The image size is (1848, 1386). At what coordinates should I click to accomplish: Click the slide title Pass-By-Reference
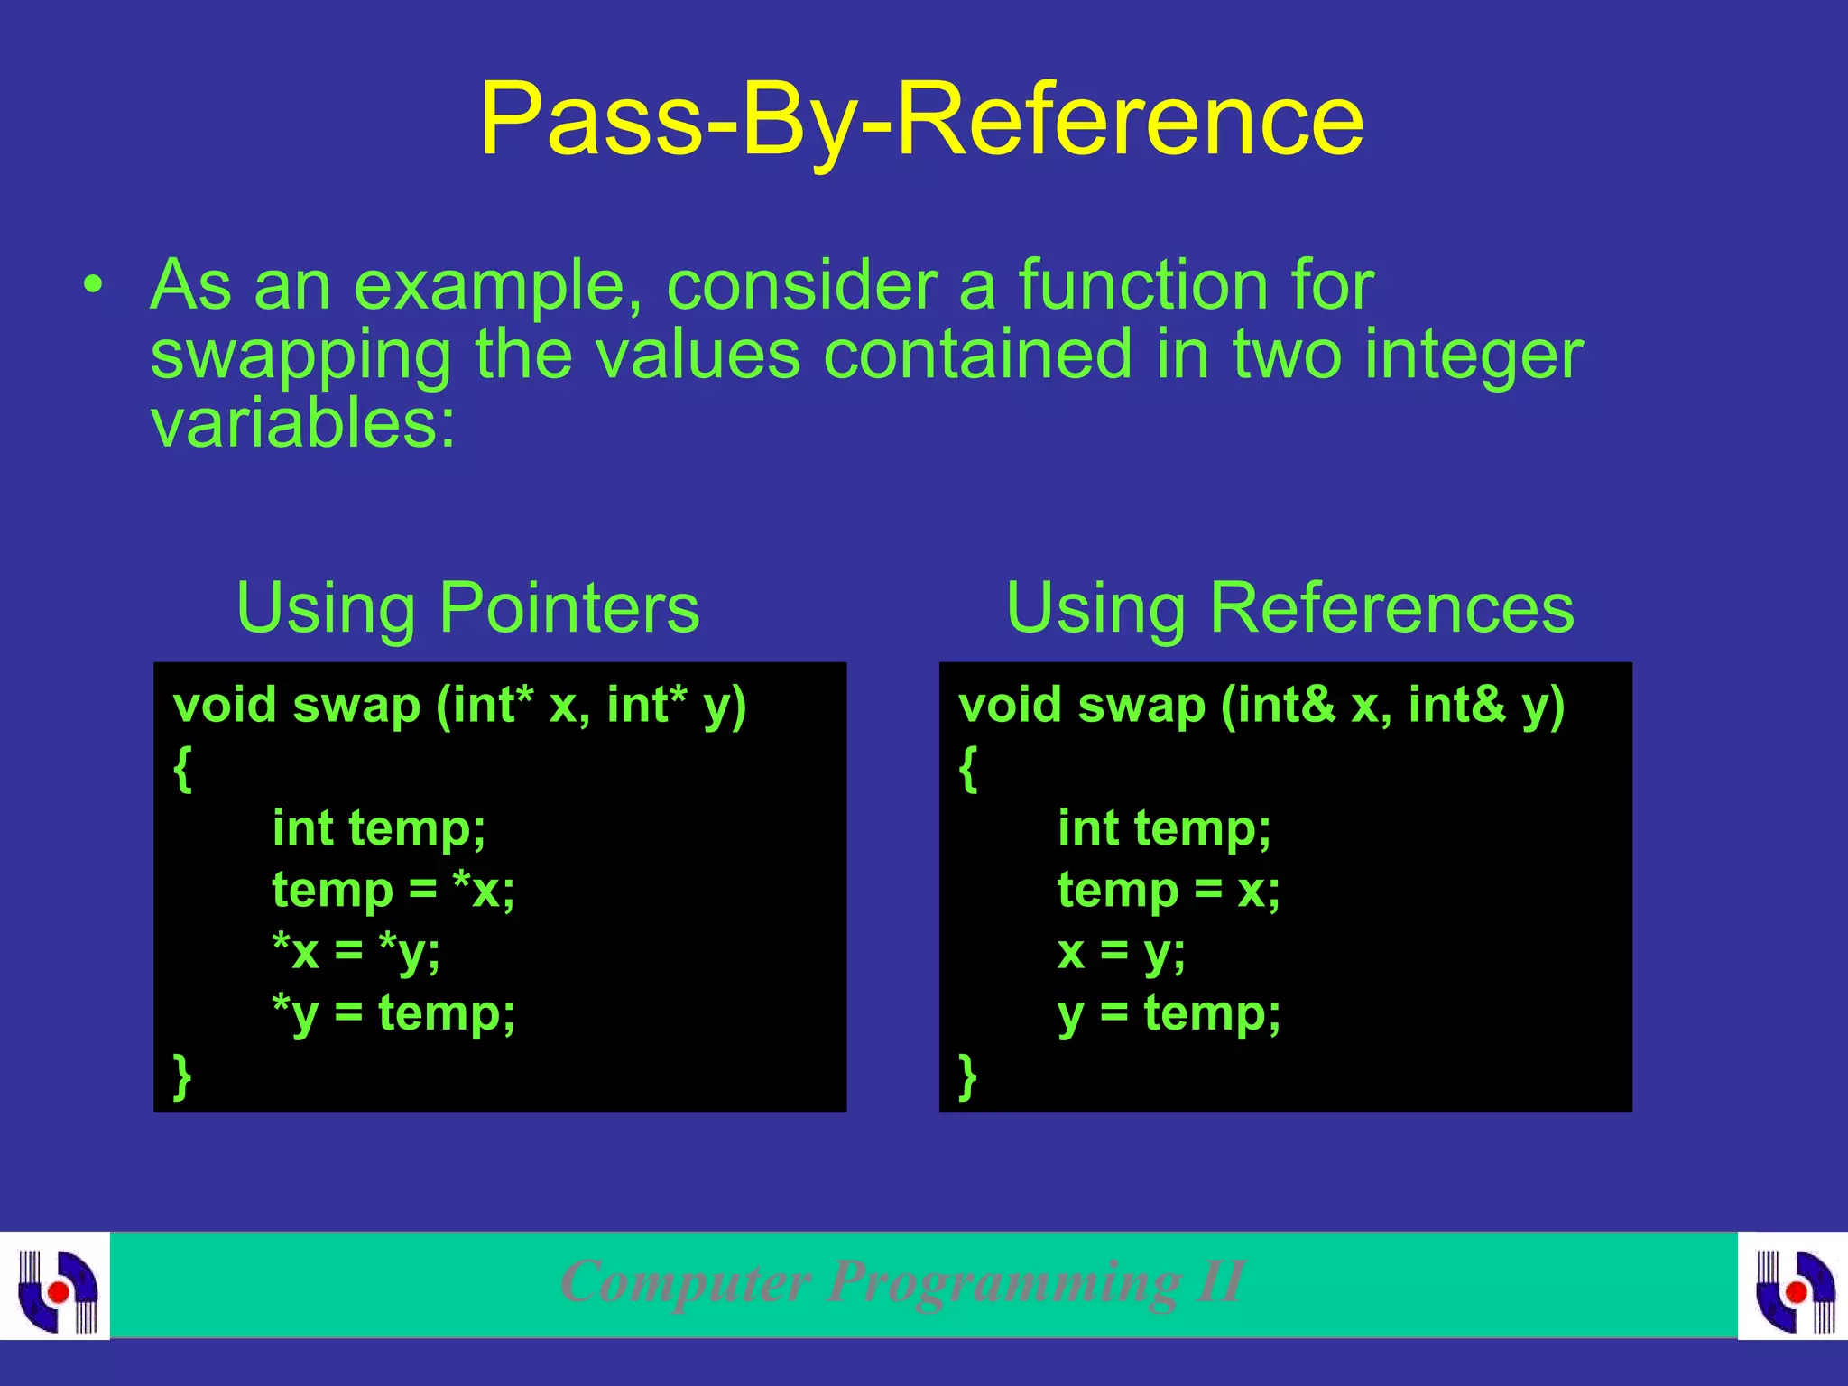(x=921, y=120)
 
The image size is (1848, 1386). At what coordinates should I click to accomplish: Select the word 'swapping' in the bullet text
(x=300, y=357)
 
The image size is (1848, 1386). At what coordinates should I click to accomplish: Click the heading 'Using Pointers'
(x=467, y=608)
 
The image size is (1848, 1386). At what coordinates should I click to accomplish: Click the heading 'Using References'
(x=1289, y=608)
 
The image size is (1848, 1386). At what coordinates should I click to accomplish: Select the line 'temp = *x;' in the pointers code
(x=393, y=890)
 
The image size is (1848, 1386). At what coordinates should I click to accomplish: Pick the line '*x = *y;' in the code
(x=356, y=951)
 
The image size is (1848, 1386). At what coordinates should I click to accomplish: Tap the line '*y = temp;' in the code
(x=393, y=1013)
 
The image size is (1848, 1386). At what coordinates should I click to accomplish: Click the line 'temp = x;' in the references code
(x=1169, y=890)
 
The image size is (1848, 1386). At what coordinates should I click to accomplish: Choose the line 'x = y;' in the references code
(x=1122, y=951)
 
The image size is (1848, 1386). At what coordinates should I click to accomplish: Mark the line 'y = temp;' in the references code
(x=1169, y=1013)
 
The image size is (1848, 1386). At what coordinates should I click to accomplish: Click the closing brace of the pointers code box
(x=182, y=1076)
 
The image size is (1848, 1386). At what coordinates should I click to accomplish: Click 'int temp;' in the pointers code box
(x=379, y=828)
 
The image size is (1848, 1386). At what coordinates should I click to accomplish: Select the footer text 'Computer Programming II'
(x=903, y=1281)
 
